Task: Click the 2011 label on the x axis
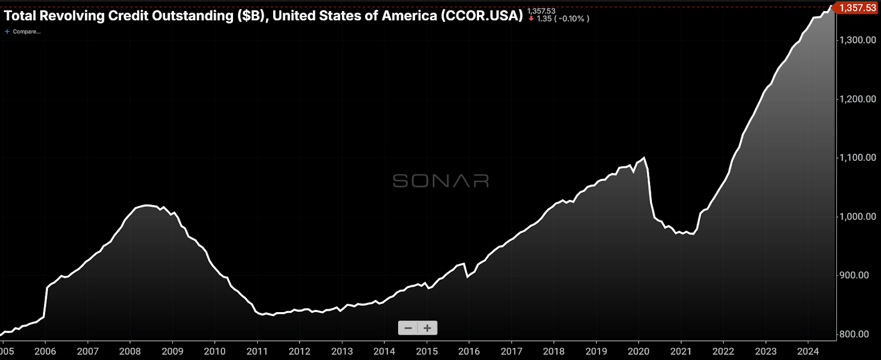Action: [x=257, y=351]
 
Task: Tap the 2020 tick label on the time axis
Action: [x=639, y=351]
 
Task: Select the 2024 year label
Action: [x=808, y=351]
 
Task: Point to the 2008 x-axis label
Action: [x=130, y=351]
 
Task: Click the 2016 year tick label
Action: [x=469, y=351]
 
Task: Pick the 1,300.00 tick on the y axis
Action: [x=857, y=40]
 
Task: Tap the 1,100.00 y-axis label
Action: [x=857, y=157]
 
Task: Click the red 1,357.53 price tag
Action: [x=857, y=8]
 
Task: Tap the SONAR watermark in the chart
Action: [x=440, y=181]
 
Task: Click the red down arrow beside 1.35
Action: [x=531, y=19]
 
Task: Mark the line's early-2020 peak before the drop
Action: [x=644, y=158]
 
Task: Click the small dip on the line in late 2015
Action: [x=467, y=276]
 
